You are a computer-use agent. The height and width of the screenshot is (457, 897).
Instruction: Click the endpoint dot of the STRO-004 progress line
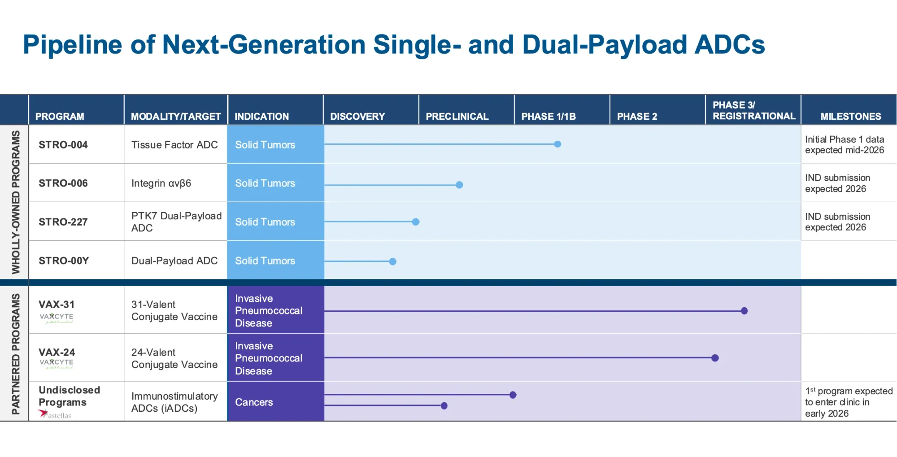(x=557, y=144)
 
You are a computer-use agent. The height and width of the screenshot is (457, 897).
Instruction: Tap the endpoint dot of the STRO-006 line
(x=459, y=185)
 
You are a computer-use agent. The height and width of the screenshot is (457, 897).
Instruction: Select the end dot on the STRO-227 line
(x=416, y=222)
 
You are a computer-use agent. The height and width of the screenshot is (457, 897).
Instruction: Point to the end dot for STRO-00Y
(x=393, y=261)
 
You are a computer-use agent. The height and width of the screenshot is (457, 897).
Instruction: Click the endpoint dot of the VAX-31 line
(x=745, y=311)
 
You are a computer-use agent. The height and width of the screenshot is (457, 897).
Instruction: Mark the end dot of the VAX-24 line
(x=715, y=358)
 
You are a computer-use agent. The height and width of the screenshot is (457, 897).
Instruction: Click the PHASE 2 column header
(x=637, y=117)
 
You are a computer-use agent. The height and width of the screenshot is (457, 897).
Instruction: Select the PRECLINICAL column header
(x=457, y=117)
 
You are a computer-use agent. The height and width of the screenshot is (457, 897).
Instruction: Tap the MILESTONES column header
(x=850, y=117)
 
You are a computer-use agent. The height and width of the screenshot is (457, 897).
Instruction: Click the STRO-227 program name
(x=63, y=222)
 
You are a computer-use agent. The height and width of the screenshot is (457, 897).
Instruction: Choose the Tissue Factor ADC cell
(x=174, y=145)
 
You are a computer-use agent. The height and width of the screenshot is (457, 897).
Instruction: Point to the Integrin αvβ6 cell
(x=161, y=183)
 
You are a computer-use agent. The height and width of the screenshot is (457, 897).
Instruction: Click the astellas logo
(x=55, y=415)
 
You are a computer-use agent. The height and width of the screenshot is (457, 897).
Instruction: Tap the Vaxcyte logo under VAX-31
(x=57, y=318)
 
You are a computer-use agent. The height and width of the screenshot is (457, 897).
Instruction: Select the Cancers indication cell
(x=254, y=402)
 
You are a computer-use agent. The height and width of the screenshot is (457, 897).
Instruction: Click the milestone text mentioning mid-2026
(x=844, y=145)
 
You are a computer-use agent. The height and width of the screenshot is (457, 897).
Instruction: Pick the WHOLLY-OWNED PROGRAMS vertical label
(x=16, y=202)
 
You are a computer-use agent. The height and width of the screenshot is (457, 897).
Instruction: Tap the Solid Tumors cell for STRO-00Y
(x=265, y=261)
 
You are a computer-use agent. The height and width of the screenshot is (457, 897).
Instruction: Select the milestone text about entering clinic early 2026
(x=848, y=402)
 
